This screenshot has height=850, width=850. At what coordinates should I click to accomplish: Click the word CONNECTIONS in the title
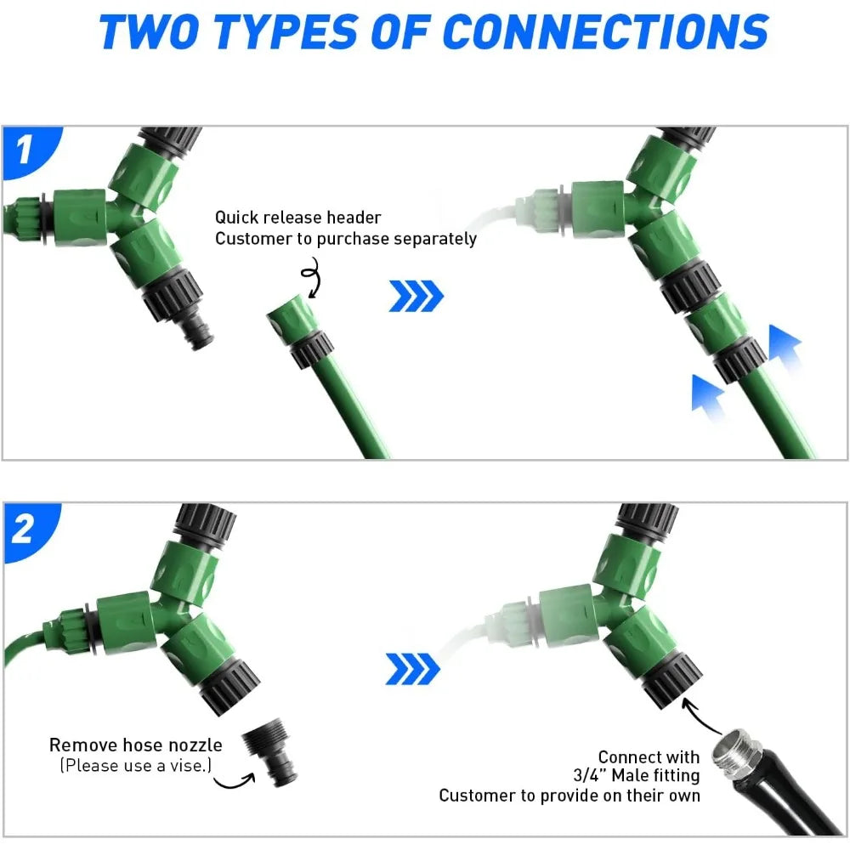pos(605,31)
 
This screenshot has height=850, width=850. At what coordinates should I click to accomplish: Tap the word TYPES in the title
pos(286,31)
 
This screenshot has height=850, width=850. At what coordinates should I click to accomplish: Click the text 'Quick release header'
pos(298,218)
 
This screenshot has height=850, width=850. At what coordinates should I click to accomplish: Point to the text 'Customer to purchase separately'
pos(346,239)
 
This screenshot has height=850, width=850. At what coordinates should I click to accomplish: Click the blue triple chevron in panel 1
pos(416,296)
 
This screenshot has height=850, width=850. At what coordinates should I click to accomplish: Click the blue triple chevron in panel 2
pos(412,669)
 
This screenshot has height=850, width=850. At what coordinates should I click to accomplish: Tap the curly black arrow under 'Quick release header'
pos(313,276)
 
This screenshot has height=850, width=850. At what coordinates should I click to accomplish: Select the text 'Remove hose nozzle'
pos(135,745)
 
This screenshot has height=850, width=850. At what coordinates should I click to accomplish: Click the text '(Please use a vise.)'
pos(135,766)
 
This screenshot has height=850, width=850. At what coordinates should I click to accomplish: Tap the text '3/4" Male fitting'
pos(637,775)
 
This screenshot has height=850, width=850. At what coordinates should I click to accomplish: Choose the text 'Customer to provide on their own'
pos(569,796)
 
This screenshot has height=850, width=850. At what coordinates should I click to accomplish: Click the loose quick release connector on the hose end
pos(300,331)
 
